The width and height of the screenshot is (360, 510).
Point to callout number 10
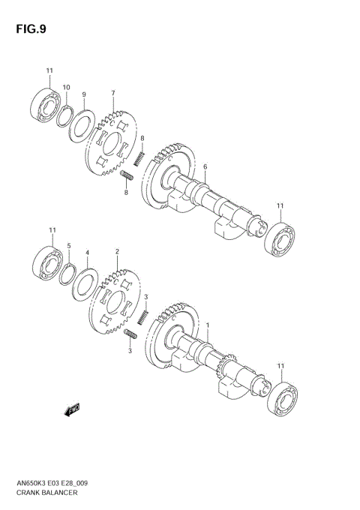[67, 88]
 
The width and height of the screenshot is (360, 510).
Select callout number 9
[85, 94]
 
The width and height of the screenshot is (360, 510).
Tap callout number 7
[112, 94]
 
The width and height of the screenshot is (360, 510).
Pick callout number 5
[68, 245]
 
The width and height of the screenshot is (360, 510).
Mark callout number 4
[87, 253]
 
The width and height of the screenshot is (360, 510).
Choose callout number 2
[117, 252]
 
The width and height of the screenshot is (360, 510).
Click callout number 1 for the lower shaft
[208, 324]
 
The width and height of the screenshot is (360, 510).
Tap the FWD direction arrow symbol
[73, 409]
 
